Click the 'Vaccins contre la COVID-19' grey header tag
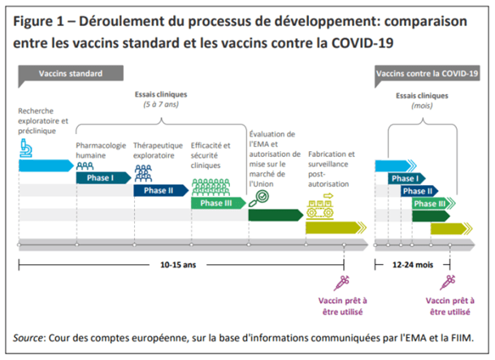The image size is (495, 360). (428, 74)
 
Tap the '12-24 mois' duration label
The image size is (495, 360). (412, 263)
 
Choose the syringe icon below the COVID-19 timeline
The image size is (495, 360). (446, 283)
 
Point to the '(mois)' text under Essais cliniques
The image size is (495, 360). (422, 105)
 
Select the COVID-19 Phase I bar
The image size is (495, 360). (405, 177)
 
